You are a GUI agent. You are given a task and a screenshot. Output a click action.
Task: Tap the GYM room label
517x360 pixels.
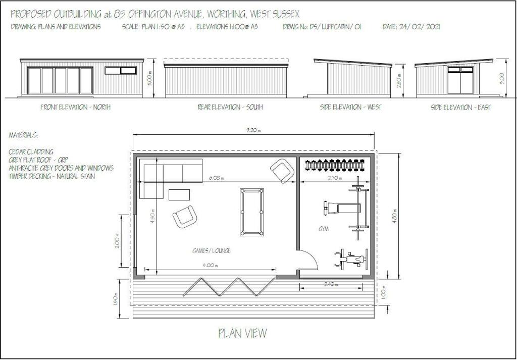(324, 229)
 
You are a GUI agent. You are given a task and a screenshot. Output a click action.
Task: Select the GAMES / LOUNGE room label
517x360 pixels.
(211, 251)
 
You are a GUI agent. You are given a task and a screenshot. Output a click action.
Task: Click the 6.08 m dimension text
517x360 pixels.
(216, 178)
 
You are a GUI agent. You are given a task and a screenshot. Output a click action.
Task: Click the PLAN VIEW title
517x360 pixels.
(242, 333)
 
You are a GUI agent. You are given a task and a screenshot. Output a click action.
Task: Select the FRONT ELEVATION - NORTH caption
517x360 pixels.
(76, 107)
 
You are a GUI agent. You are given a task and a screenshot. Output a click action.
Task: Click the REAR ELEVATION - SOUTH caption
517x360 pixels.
(230, 107)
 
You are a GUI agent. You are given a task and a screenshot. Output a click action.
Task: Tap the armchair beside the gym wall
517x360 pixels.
(281, 171)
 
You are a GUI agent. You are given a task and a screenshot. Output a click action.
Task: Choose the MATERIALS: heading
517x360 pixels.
(23, 135)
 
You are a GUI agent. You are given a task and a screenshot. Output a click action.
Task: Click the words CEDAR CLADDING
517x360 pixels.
(31, 151)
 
